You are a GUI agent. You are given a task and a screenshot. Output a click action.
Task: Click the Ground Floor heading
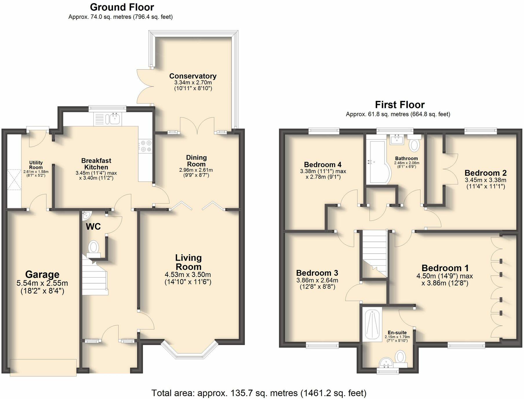pos(122,7)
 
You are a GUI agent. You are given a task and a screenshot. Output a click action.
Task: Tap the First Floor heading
pos(400,104)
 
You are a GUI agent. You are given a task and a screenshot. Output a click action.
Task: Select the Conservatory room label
pos(193,76)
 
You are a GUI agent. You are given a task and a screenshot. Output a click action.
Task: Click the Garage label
pos(42,274)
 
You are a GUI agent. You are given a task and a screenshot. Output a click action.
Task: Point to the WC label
pos(93,226)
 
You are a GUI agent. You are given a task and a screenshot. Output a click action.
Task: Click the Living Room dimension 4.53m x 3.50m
pos(188,275)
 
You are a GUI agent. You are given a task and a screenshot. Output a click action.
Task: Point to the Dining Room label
pos(196,161)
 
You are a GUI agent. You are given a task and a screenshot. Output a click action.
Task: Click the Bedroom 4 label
pos(322,165)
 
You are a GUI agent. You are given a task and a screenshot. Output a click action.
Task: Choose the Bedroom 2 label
pos(485,173)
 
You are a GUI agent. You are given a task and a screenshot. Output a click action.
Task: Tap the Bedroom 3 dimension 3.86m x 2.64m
pos(317,280)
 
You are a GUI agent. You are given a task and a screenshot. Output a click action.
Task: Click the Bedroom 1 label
pos(445,268)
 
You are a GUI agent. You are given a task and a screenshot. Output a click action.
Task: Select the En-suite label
pos(397,333)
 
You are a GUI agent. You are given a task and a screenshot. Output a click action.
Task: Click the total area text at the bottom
pos(259,393)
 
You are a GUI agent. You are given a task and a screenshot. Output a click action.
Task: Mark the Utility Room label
pos(36,165)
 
